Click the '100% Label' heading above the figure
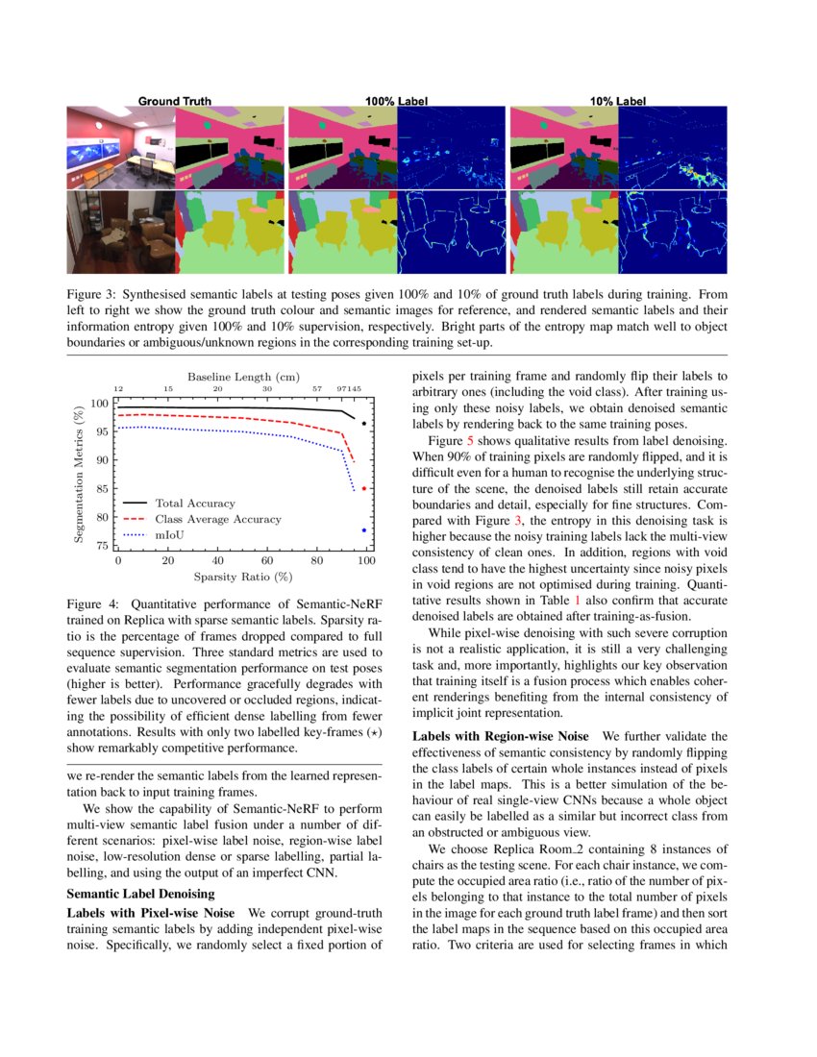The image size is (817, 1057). tap(397, 100)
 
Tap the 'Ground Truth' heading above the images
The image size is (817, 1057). tap(175, 100)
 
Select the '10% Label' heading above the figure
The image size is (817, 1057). tap(618, 100)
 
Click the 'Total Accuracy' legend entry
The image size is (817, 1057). tap(195, 503)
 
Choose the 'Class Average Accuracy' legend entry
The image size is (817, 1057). tap(218, 519)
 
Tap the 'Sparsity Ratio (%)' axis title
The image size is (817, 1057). tap(242, 577)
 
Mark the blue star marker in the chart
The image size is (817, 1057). tap(364, 529)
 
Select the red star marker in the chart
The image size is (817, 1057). tap(364, 488)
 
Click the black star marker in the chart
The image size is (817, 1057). tap(364, 423)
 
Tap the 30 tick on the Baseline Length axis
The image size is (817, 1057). tap(267, 389)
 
